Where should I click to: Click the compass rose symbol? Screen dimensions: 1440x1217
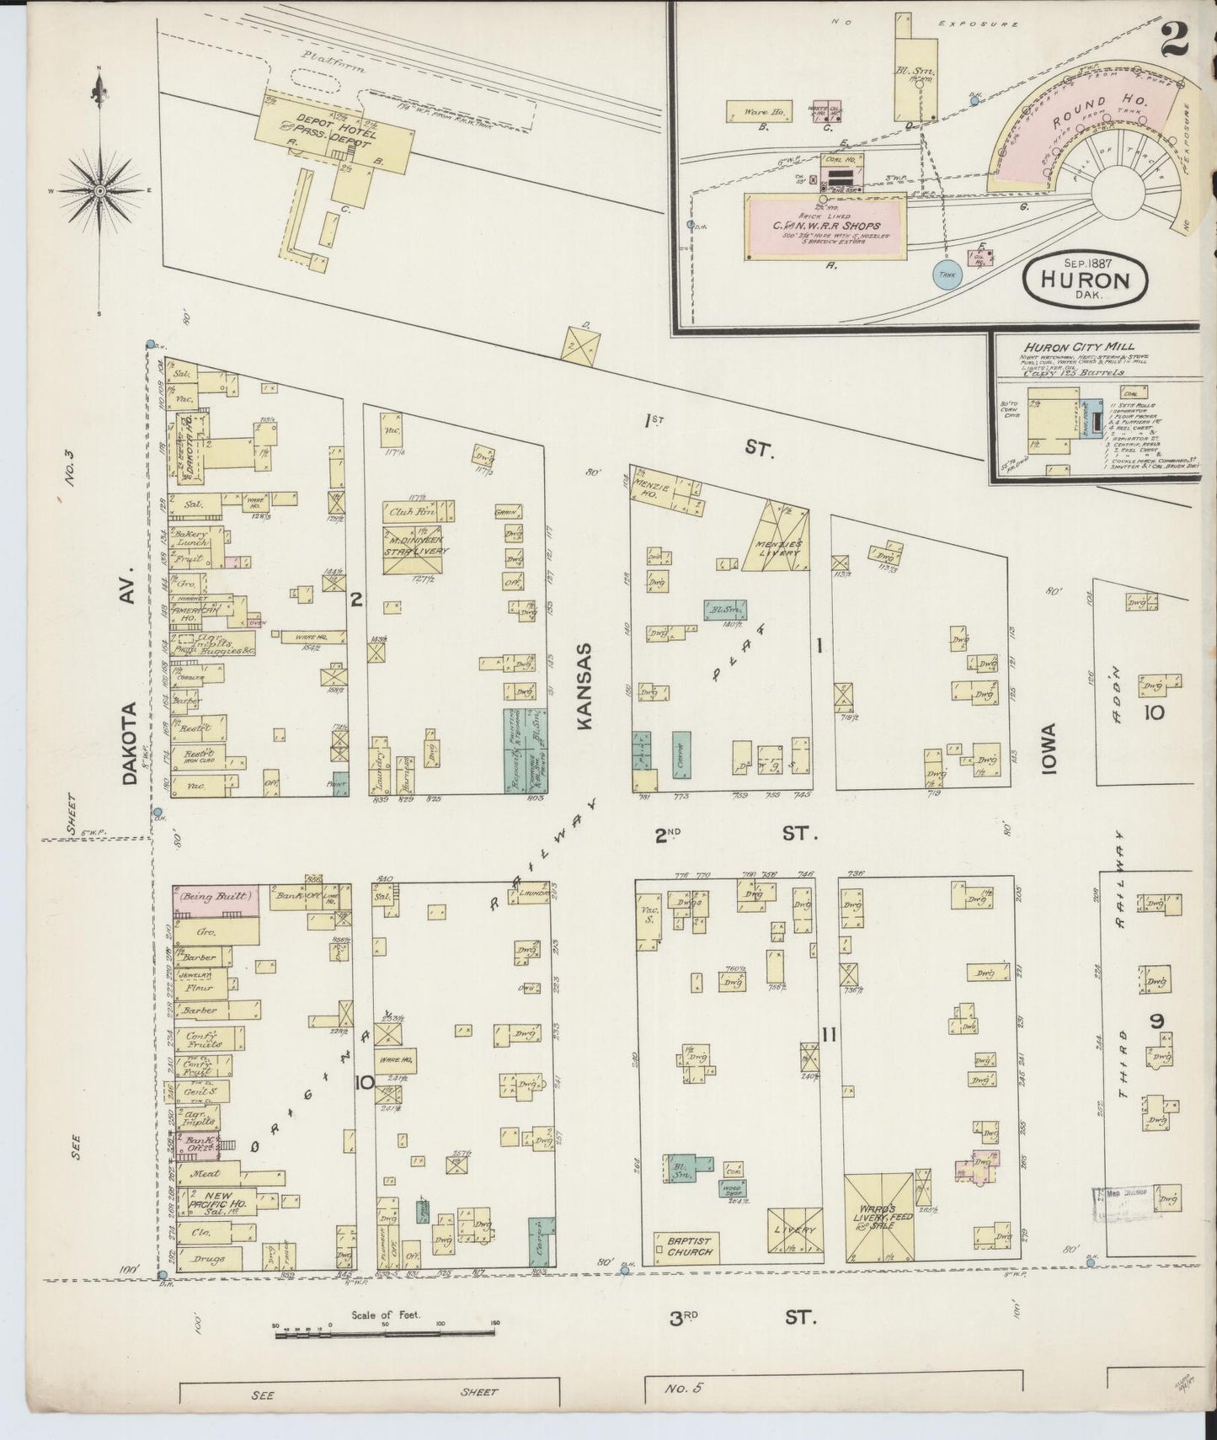(x=99, y=191)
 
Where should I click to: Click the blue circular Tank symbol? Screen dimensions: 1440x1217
(x=947, y=274)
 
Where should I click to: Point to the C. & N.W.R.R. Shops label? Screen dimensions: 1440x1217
(x=827, y=227)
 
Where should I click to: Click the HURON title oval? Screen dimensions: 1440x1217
(x=1086, y=275)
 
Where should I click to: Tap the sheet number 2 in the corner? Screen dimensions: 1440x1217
(x=1179, y=38)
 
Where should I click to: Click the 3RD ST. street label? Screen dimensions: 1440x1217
(x=741, y=1317)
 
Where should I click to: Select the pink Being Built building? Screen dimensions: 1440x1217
(x=215, y=897)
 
